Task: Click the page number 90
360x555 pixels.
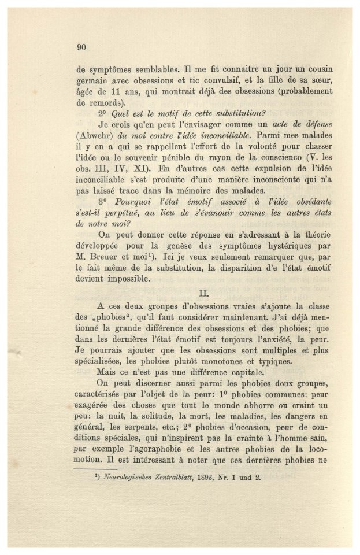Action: pyautogui.click(x=81, y=47)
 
